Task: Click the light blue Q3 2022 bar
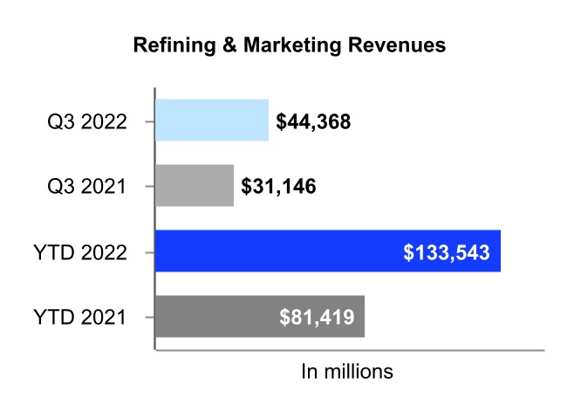(211, 120)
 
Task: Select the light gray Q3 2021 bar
(194, 186)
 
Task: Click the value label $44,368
(313, 121)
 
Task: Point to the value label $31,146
(278, 187)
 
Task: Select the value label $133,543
(447, 252)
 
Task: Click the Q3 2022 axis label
(87, 121)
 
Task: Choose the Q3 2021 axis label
(87, 187)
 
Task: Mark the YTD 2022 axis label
(83, 252)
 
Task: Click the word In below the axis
(310, 371)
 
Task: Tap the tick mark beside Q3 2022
(151, 120)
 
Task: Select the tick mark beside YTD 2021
(151, 317)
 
